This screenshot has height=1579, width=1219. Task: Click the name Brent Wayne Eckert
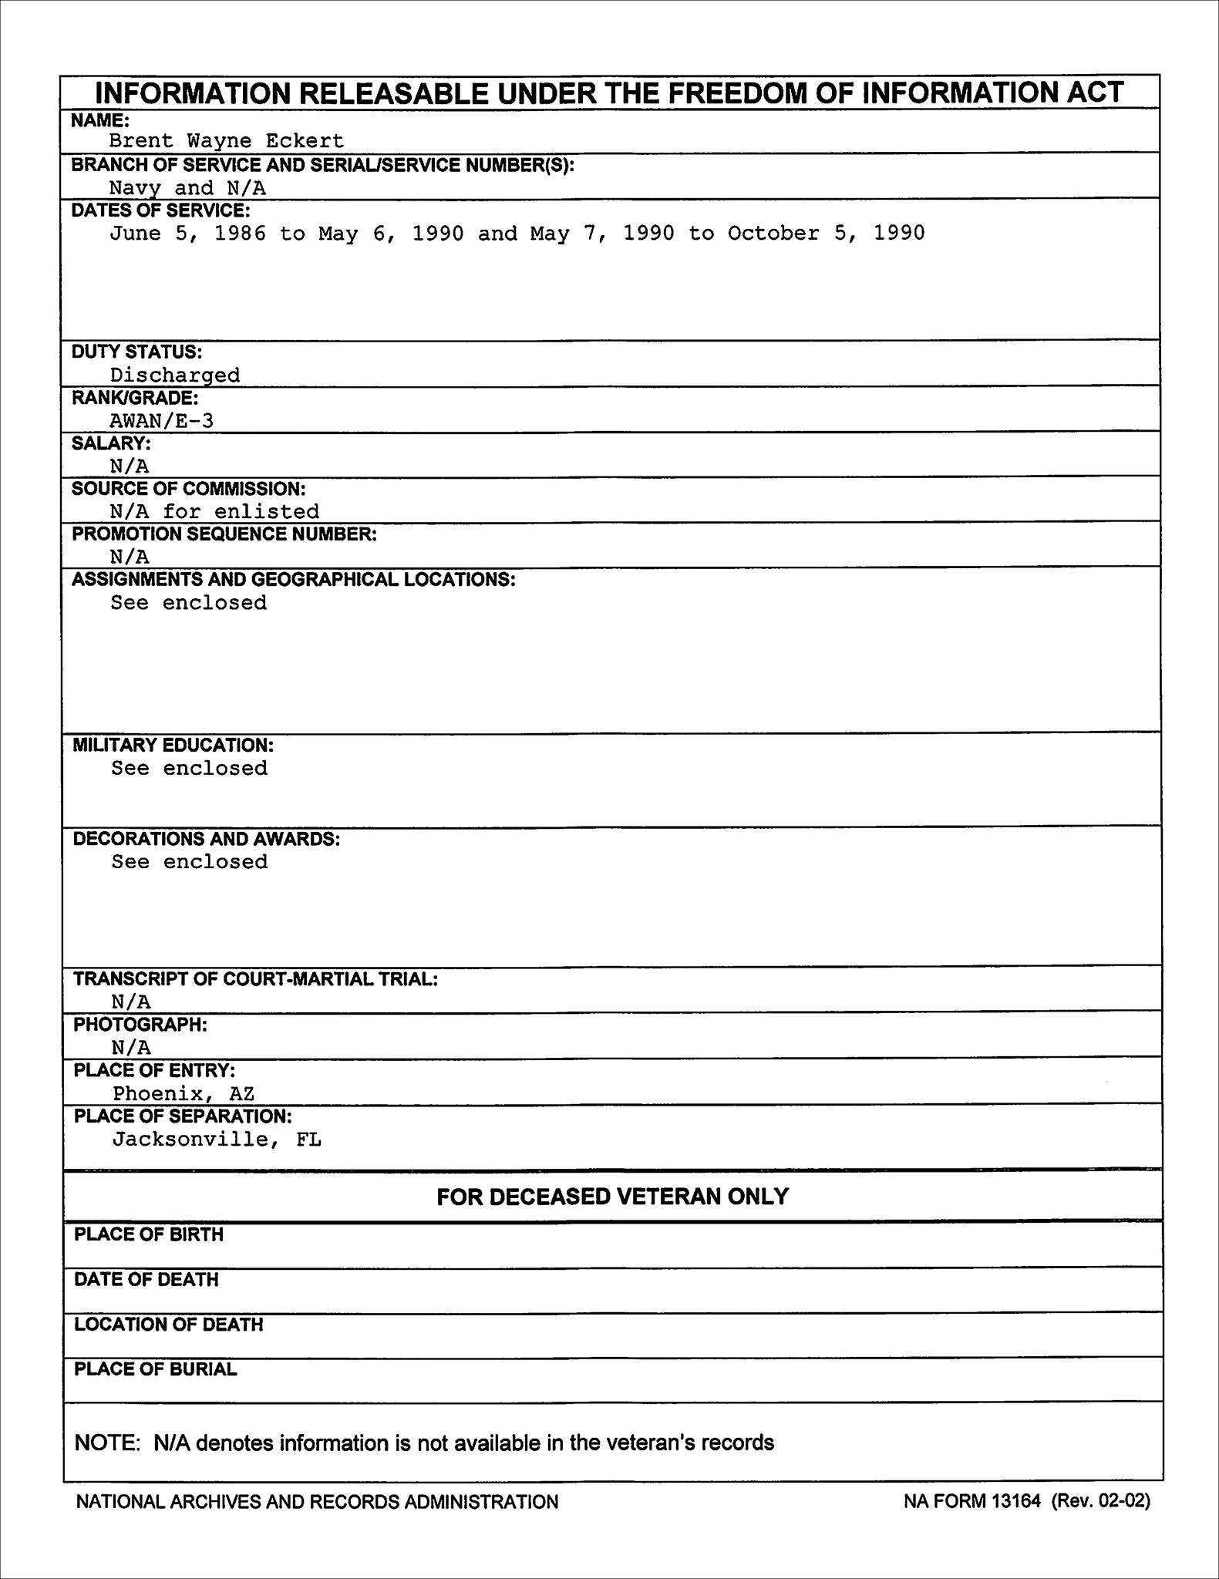(226, 141)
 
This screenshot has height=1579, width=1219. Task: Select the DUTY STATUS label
(136, 352)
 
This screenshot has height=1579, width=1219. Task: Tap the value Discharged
(175, 375)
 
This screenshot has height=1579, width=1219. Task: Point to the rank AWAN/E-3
(161, 420)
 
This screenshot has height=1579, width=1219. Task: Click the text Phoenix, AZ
(184, 1093)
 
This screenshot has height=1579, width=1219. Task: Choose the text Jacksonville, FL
(217, 1139)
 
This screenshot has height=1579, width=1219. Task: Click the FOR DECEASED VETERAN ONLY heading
(612, 1196)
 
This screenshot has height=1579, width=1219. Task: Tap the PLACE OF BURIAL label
(155, 1369)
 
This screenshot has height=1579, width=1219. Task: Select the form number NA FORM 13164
(972, 1500)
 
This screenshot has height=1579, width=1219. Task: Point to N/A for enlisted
(214, 511)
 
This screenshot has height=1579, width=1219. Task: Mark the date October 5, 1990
(826, 233)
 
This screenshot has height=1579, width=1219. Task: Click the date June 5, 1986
(187, 233)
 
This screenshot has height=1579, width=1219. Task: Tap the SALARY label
(111, 443)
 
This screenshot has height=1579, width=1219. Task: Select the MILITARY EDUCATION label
(173, 745)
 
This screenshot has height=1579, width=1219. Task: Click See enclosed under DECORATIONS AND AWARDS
(190, 861)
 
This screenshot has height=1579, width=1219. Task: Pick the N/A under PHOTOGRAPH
(131, 1047)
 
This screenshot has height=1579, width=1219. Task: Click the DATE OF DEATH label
(146, 1279)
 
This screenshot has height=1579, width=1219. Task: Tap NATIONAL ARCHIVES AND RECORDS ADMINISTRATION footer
(317, 1501)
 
